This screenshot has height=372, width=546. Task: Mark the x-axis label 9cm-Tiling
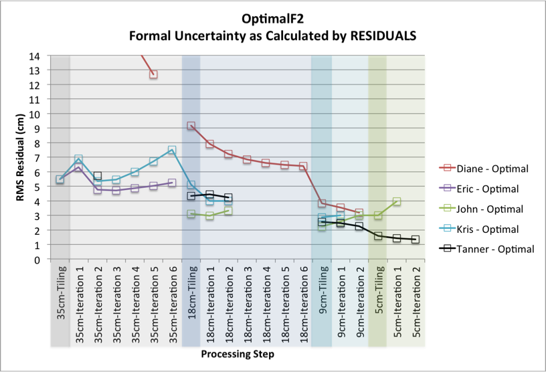323,302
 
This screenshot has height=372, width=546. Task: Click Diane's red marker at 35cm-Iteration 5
153,74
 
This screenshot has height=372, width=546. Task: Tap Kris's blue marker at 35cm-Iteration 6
172,151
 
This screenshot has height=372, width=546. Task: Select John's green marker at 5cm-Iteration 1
397,201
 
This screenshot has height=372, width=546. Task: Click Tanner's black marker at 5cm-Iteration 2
416,240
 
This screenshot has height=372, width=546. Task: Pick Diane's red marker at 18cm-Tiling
191,126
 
